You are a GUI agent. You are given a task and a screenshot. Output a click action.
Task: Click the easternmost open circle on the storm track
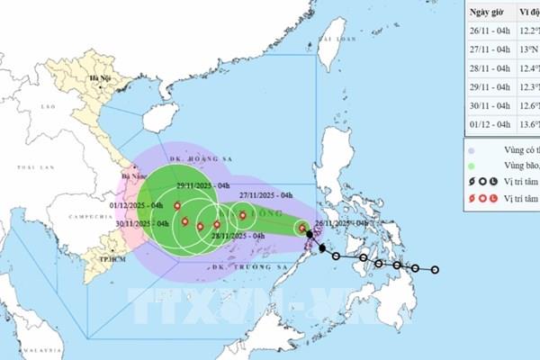coord(436,269)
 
